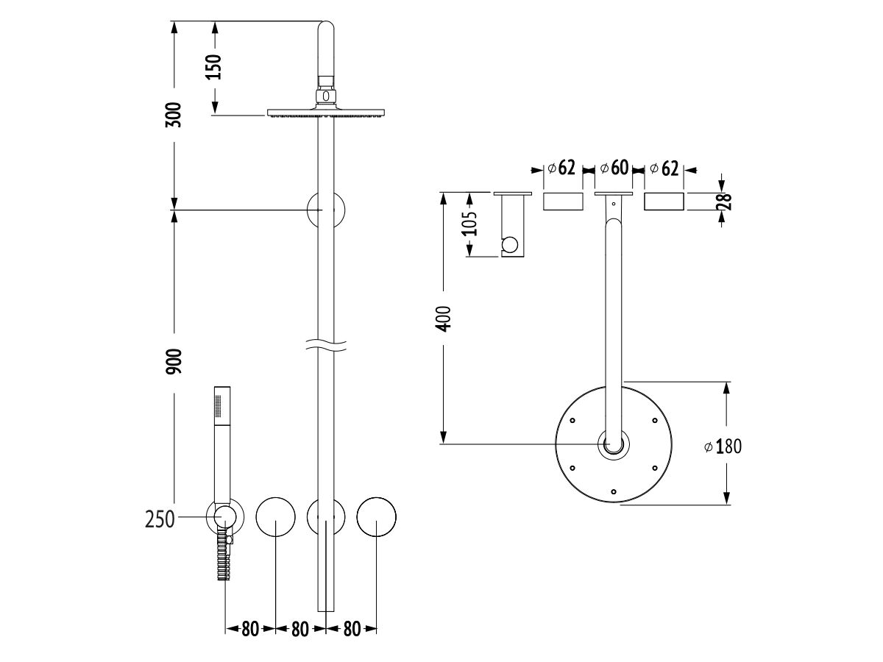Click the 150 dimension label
coord(213,67)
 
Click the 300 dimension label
coord(174,115)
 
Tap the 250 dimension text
coord(160,519)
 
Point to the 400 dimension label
coord(443,318)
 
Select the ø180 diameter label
coord(722,446)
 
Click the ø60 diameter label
coord(614,168)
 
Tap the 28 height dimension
coord(725,202)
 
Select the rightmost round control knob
coord(377,519)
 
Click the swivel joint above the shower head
coord(326,94)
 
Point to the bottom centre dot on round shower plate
coord(614,491)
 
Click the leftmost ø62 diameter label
coord(561,168)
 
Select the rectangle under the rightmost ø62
coord(664,202)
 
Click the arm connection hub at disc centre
coord(614,444)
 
